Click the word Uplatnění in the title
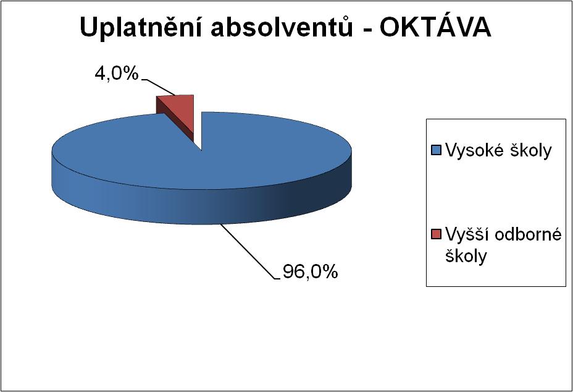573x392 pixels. pos(141,28)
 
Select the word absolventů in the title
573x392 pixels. pos(282,27)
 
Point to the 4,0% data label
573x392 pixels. pos(117,74)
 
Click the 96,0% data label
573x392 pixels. pos(310,271)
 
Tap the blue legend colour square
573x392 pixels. pos(437,150)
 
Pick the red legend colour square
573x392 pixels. pos(437,234)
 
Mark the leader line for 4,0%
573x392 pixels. pos(159,87)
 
